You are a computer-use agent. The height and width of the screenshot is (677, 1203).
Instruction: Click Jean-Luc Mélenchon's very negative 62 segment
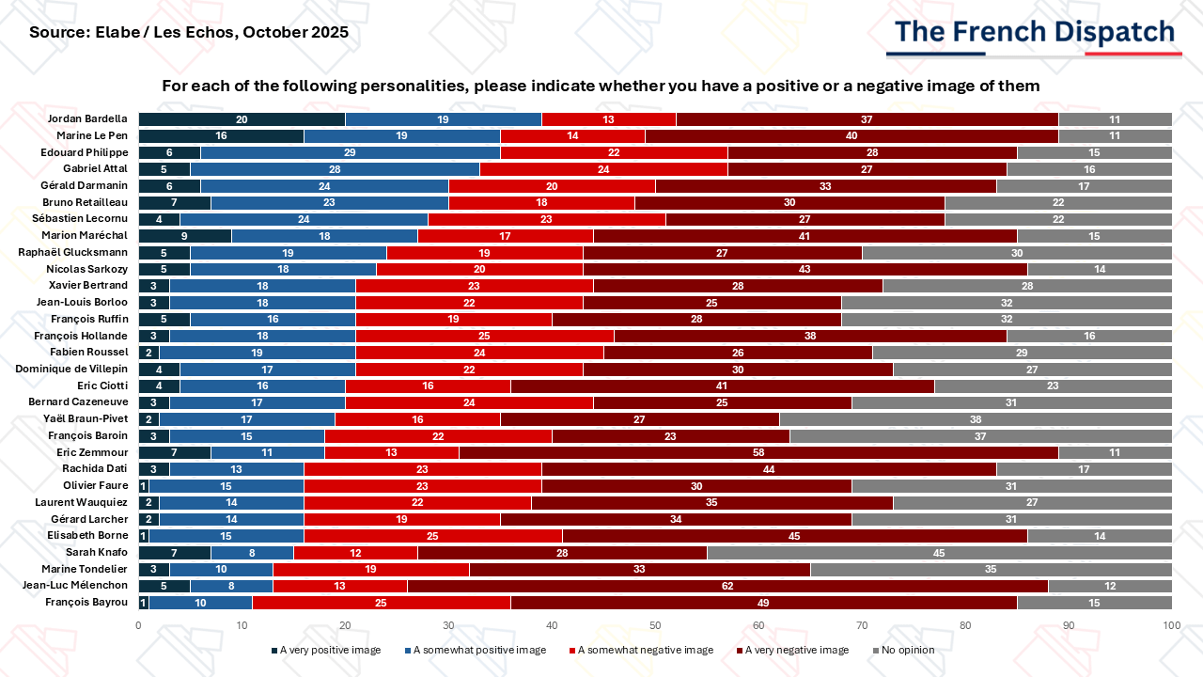click(x=727, y=586)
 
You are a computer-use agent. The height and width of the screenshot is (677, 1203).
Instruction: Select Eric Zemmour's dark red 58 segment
click(x=758, y=452)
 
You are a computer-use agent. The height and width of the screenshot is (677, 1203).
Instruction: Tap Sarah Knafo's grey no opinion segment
click(x=939, y=552)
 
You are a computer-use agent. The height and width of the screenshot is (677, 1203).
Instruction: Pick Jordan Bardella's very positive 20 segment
click(x=242, y=119)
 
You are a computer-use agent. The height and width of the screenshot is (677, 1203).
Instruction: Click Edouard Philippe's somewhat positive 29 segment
click(x=351, y=152)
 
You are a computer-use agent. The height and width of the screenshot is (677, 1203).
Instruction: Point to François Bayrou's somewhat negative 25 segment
click(x=382, y=603)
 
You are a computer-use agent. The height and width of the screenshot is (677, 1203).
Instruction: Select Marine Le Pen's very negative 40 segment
click(x=851, y=136)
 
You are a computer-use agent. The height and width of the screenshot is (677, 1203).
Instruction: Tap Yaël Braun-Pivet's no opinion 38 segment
click(x=976, y=419)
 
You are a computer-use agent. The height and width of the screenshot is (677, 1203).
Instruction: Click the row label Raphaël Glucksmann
click(x=73, y=252)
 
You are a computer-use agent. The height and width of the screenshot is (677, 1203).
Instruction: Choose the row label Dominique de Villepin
click(x=71, y=369)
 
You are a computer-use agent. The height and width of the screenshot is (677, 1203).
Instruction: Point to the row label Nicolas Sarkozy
click(x=87, y=269)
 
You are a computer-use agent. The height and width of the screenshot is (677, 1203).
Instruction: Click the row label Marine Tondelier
click(x=85, y=569)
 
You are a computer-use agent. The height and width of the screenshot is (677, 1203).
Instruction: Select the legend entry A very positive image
click(x=326, y=650)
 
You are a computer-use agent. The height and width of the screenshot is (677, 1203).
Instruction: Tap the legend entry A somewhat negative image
click(x=641, y=650)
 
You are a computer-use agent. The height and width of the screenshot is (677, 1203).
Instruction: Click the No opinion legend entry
click(x=904, y=650)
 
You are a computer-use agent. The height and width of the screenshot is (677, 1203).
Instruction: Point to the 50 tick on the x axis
click(x=655, y=625)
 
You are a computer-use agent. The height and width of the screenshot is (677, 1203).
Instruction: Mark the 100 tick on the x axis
click(x=1172, y=625)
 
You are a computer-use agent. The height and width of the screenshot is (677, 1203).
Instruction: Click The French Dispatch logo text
click(x=1035, y=31)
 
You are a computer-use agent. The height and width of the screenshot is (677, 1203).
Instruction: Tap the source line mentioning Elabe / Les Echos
click(x=189, y=32)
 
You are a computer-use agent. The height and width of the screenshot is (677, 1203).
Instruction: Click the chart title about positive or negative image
click(x=601, y=86)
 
